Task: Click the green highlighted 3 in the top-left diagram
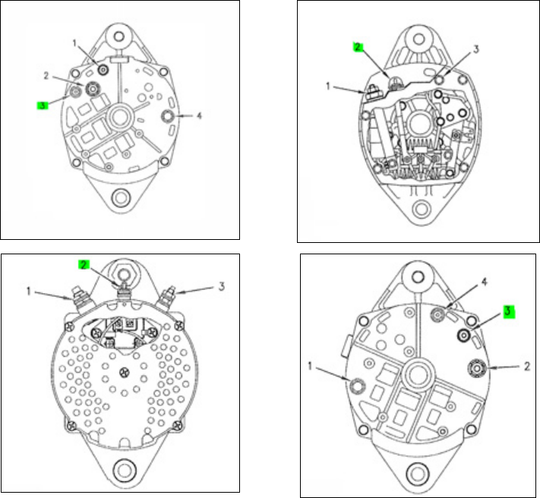coord(43,106)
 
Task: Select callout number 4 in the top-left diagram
coord(199,115)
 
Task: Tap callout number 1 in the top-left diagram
coord(74,43)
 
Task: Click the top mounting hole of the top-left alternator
coord(118,36)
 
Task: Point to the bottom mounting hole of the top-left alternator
coord(122,198)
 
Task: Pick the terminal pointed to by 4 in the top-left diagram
coord(168,116)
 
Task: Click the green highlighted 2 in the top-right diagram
coord(358,47)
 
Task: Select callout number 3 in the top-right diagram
coord(476,49)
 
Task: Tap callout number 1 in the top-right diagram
coord(328,86)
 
